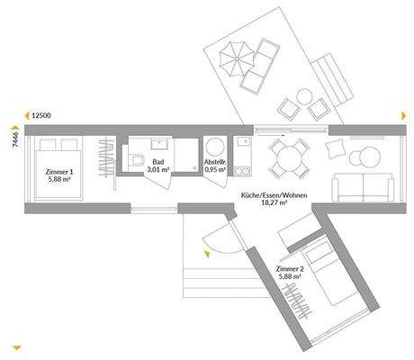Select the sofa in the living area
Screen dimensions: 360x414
click(364, 187)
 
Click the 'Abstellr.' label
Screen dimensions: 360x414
click(216, 159)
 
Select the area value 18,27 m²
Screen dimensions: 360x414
click(268, 205)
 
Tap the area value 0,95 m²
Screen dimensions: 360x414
click(216, 168)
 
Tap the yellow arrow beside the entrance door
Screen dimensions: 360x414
click(206, 256)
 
